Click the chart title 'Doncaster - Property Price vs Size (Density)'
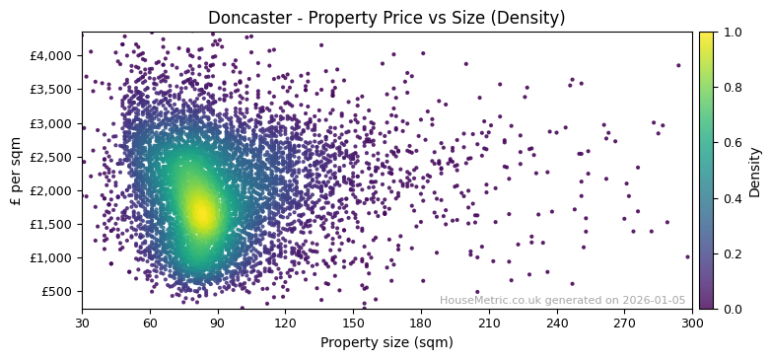click(x=386, y=18)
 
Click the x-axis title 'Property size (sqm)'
click(x=386, y=343)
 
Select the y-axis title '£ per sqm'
click(x=16, y=171)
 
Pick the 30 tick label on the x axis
click(x=82, y=323)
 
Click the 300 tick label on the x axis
click(x=692, y=323)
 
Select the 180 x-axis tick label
click(x=421, y=323)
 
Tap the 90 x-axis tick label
click(x=218, y=323)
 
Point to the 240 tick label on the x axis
click(x=556, y=323)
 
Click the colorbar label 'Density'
click(x=755, y=171)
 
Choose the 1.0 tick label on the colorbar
click(x=730, y=32)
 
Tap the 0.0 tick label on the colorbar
click(x=730, y=309)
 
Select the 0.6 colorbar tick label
click(x=730, y=142)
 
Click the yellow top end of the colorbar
click(x=706, y=36)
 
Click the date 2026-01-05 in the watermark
click(x=654, y=301)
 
